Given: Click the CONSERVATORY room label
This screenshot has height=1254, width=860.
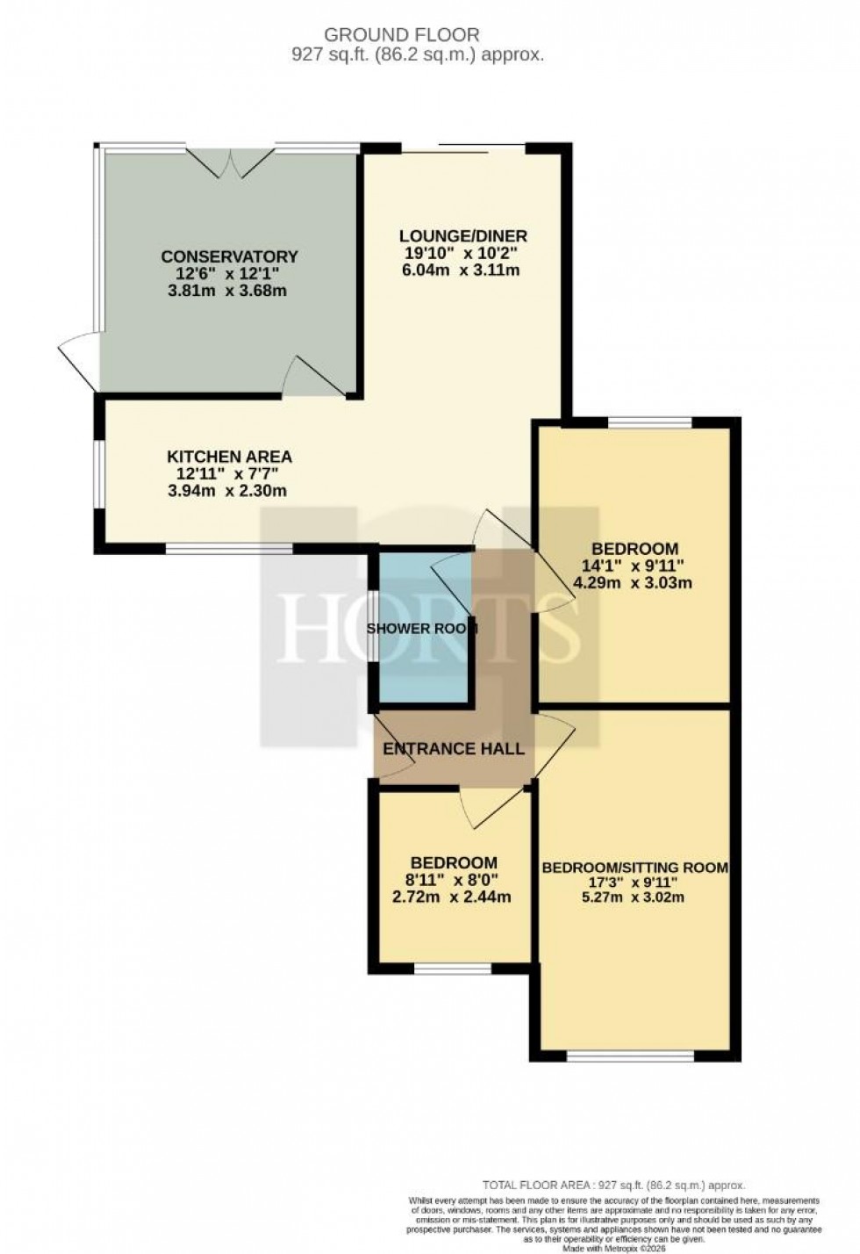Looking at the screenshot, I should coord(229,256).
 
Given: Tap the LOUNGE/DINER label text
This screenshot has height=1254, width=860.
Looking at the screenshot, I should coord(463,235).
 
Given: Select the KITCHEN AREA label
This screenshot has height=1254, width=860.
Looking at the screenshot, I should coord(229,457).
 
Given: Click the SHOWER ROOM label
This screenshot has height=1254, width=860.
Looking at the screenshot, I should coord(421,629).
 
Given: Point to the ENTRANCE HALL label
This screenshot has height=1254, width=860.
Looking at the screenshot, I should coord(454,749).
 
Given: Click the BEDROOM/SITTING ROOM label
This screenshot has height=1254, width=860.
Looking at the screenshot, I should coord(634,868).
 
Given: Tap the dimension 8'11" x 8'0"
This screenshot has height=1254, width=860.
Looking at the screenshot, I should coord(454,880).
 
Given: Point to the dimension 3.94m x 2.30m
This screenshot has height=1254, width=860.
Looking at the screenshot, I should coord(227,490).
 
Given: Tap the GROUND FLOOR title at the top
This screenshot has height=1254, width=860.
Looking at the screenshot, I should coord(402,35).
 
